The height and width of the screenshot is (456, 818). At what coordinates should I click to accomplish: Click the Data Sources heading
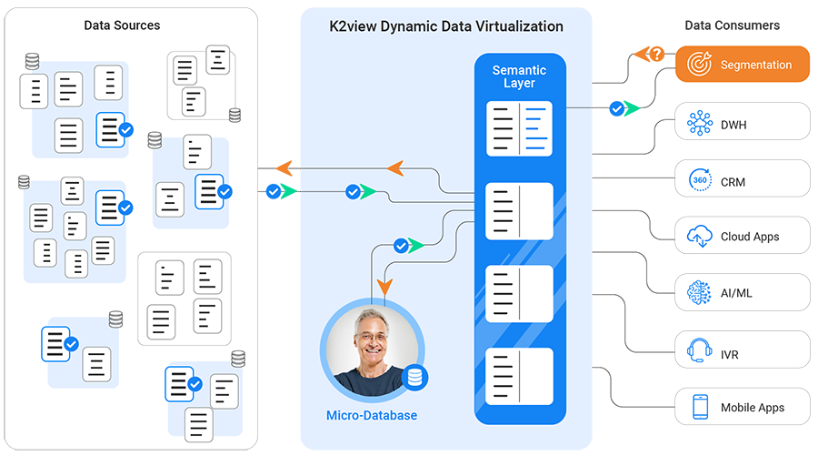click(122, 25)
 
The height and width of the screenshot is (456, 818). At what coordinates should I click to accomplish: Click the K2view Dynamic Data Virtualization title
click(445, 26)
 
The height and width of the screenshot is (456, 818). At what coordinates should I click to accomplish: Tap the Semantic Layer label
click(519, 76)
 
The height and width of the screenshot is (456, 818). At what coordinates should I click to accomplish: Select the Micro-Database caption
click(371, 416)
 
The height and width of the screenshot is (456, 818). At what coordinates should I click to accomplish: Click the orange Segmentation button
click(743, 65)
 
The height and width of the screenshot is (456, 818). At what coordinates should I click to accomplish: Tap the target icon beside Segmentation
click(700, 65)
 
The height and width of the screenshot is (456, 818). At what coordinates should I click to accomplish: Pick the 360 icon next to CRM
click(700, 181)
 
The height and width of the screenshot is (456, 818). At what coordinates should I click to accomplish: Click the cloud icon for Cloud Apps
click(700, 237)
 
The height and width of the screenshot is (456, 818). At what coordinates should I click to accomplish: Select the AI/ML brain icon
click(700, 293)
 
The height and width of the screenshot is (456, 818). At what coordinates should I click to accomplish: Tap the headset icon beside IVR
click(700, 350)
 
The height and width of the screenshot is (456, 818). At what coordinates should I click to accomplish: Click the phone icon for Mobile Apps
click(700, 407)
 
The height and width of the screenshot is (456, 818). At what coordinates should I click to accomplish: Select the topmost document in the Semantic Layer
click(519, 127)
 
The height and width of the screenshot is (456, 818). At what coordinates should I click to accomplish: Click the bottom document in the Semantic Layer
click(519, 375)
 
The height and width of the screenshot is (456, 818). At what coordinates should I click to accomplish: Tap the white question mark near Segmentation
click(656, 55)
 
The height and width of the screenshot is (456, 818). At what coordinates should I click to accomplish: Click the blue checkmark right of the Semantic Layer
click(617, 108)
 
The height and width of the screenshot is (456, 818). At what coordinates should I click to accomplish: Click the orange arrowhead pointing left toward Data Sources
click(394, 167)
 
